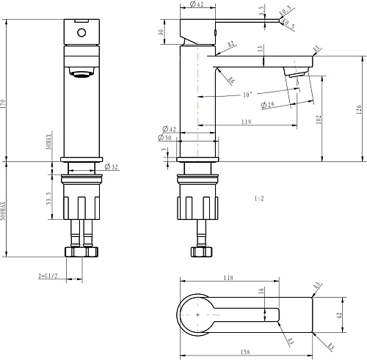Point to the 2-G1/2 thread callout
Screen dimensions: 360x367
(48, 276)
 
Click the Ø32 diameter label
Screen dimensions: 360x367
(112, 168)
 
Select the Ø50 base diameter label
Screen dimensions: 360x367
(166, 138)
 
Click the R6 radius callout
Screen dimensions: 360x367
(230, 80)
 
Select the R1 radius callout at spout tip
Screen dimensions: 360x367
(316, 50)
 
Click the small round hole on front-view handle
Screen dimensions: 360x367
(80, 33)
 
